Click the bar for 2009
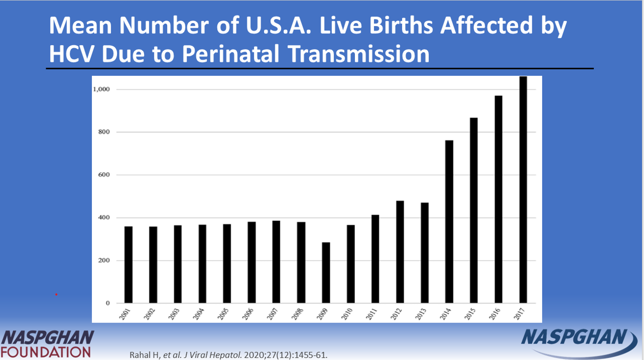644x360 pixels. [x=326, y=272]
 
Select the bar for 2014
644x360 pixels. [x=449, y=221]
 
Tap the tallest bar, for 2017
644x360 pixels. [x=523, y=189]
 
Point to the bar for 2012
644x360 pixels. [x=400, y=252]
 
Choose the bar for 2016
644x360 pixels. [x=498, y=199]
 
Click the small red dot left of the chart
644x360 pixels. [x=57, y=295]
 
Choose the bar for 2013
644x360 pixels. [x=424, y=253]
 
